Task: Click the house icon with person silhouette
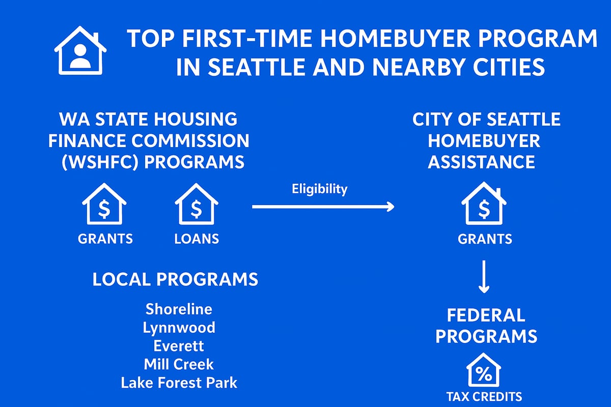[80, 51]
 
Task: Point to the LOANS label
[197, 238]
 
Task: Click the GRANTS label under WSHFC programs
[105, 238]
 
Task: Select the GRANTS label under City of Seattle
[485, 238]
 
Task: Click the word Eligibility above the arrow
[319, 189]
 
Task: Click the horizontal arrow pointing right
[323, 207]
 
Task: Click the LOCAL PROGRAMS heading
[175, 279]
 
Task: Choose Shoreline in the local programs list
[179, 309]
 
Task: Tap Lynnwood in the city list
[179, 327]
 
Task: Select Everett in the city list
[179, 346]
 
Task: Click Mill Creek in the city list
[179, 364]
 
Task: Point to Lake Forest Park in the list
[179, 383]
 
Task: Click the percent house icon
[484, 370]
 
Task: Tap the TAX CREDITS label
[484, 396]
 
